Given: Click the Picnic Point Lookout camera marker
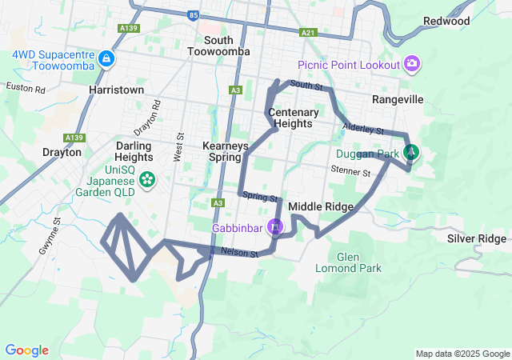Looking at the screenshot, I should pyautogui.click(x=412, y=63).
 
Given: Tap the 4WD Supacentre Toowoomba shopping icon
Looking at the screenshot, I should pyautogui.click(x=106, y=58).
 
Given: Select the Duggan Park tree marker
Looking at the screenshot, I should pyautogui.click(x=410, y=150).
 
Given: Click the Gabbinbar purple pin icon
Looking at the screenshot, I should pyautogui.click(x=275, y=227).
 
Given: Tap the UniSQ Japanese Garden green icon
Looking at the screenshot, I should pyautogui.click(x=146, y=180).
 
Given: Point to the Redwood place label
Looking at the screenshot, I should pyautogui.click(x=446, y=21).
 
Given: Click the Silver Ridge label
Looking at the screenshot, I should pyautogui.click(x=477, y=238).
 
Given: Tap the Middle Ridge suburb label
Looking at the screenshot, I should pyautogui.click(x=320, y=206).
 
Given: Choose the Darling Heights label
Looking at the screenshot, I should pyautogui.click(x=133, y=151).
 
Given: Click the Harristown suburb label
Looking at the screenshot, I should pyautogui.click(x=117, y=90).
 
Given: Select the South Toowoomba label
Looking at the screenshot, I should pyautogui.click(x=218, y=46).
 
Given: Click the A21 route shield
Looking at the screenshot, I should pyautogui.click(x=309, y=33).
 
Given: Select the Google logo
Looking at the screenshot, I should pyautogui.click(x=26, y=350).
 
